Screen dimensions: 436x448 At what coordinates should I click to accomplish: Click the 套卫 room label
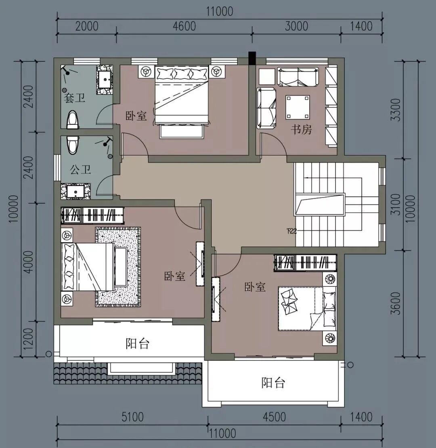pyautogui.click(x=74, y=98)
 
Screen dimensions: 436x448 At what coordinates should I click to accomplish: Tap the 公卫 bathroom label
pyautogui.click(x=80, y=170)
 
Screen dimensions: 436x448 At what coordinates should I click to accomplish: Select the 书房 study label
pyautogui.click(x=301, y=129)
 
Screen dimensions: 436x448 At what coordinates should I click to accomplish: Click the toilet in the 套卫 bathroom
pyautogui.click(x=73, y=120)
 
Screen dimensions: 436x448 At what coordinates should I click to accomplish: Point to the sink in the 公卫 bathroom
pyautogui.click(x=75, y=191)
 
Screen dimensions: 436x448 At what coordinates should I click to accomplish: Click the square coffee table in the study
pyautogui.click(x=298, y=107)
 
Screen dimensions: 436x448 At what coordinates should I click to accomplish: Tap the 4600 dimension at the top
pyautogui.click(x=184, y=26)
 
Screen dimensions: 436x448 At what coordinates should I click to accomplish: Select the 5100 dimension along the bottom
pyautogui.click(x=132, y=417)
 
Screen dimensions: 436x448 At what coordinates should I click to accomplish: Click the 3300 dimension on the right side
pyautogui.click(x=396, y=110)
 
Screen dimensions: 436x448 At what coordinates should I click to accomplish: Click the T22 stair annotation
pyautogui.click(x=291, y=231)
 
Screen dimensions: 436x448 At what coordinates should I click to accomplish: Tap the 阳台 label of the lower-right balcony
pyautogui.click(x=273, y=383)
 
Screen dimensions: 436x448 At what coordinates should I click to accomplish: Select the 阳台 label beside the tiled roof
pyautogui.click(x=138, y=343)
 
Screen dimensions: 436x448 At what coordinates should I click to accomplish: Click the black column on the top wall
pyautogui.click(x=252, y=58)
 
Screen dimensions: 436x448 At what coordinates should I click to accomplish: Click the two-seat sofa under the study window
pyautogui.click(x=298, y=77)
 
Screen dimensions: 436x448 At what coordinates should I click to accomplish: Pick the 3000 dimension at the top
pyautogui.click(x=296, y=26)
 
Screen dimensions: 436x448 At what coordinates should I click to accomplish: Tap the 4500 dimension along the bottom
pyautogui.click(x=274, y=417)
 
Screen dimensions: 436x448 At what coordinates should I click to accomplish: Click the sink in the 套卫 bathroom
pyautogui.click(x=105, y=80)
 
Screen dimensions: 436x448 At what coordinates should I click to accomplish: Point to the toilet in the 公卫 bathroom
pyautogui.click(x=73, y=145)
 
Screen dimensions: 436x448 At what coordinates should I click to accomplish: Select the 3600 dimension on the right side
pyautogui.click(x=396, y=303)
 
